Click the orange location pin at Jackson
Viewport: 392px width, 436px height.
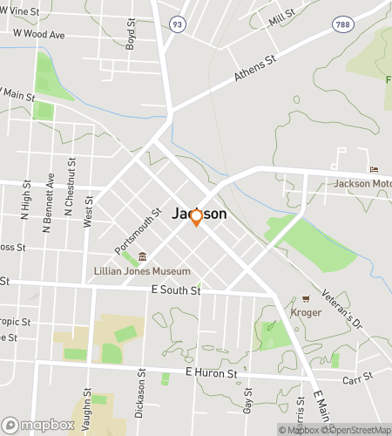197,217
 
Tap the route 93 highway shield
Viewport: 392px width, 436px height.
178,24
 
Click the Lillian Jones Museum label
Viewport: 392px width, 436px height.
142,271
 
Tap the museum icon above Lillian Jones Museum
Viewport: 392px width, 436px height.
142,256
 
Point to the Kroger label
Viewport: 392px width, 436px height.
305,311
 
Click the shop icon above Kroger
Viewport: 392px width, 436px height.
305,298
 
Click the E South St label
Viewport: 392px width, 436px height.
176,290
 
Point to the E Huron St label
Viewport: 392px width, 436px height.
212,373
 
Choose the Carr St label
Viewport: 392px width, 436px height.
357,377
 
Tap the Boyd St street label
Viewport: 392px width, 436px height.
131,34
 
